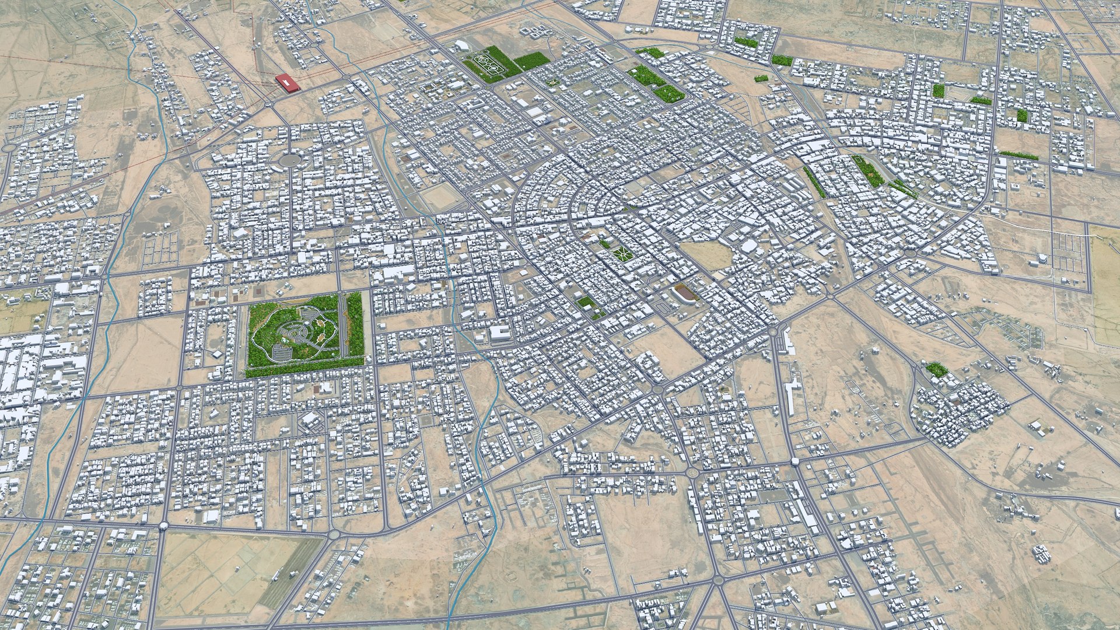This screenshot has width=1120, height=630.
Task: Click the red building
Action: click(287, 83)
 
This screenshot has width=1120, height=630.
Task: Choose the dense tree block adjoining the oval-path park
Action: click(531, 61)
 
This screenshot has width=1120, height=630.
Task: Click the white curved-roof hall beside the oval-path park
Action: click(463, 45)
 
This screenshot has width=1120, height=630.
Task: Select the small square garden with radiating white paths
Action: click(619, 254)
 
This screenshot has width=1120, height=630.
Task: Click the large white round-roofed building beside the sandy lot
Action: click(748, 246)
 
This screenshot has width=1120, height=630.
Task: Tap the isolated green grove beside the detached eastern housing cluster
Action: click(936, 369)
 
